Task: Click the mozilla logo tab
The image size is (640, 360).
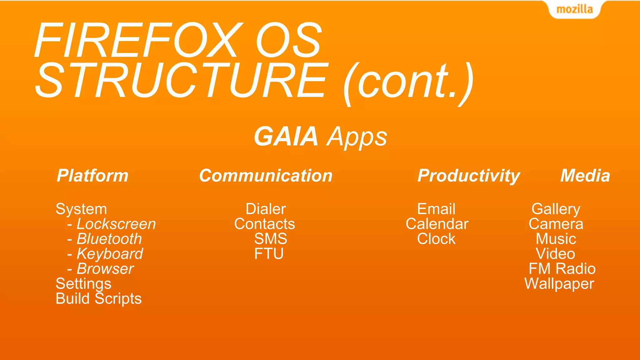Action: pos(574,9)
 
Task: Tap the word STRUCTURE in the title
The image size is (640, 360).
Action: pos(181,81)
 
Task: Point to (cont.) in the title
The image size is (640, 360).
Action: pos(408,83)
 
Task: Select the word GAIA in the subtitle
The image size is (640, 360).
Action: pos(286,137)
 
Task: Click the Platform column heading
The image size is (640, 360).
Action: pos(92,176)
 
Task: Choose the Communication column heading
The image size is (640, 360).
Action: pos(266,176)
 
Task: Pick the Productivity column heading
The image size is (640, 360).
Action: pos(468,176)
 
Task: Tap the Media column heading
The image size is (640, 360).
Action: pos(585,176)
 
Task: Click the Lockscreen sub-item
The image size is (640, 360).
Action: pos(116,224)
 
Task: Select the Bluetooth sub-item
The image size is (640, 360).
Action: pos(109,239)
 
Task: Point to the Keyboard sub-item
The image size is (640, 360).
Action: pos(110,254)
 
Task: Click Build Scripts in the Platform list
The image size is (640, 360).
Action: pos(98,299)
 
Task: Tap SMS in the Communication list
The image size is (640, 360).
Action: pos(270,239)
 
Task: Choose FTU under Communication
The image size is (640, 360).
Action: pos(269,254)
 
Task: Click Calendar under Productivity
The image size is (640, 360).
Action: pos(437,224)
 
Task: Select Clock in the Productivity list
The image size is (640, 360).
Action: pos(436,239)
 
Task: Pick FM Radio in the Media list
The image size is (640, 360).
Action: pos(562,269)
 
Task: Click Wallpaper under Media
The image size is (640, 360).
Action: pos(559,284)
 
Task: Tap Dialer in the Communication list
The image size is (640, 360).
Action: pos(266,209)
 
